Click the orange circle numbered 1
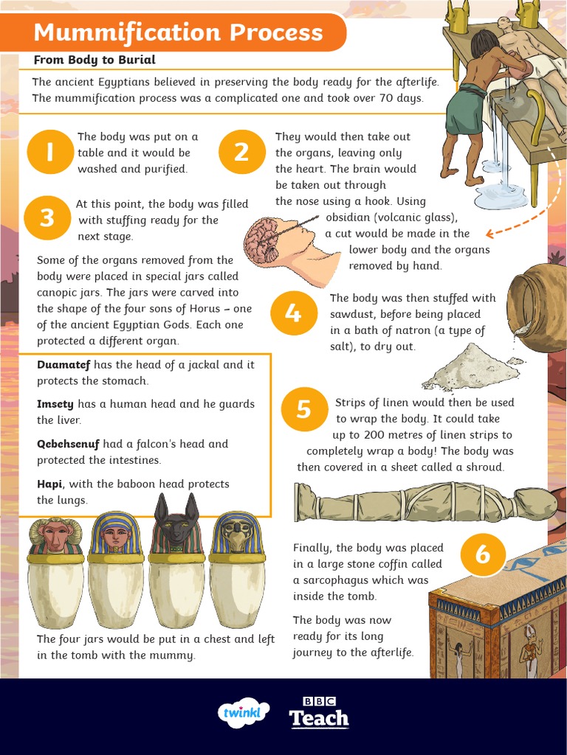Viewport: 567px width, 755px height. tap(49, 152)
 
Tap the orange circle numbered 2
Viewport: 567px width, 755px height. tap(242, 152)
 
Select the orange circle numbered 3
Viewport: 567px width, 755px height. tap(47, 218)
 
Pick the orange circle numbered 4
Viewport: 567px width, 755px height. tap(293, 313)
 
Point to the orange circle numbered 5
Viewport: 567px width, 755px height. tap(304, 409)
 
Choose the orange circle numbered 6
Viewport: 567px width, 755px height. tap(483, 555)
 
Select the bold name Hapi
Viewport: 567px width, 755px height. tap(50, 484)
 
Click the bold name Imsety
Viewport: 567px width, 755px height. tap(55, 404)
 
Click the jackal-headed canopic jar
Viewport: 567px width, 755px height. tap(176, 568)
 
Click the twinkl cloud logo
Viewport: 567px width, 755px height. tap(244, 713)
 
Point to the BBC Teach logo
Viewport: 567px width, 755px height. tap(319, 711)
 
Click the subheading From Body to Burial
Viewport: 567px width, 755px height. tap(94, 60)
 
